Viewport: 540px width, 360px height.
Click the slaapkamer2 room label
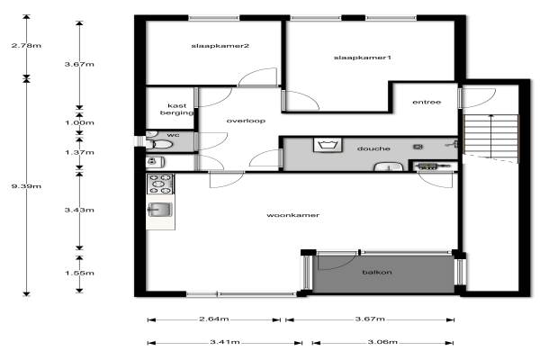click(x=220, y=46)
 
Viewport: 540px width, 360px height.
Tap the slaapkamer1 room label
click(x=363, y=58)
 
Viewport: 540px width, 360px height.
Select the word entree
click(x=427, y=102)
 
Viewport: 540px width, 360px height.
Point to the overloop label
click(x=246, y=121)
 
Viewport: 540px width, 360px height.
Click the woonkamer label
click(x=293, y=215)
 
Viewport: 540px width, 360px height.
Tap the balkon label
click(x=377, y=272)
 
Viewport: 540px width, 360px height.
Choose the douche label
click(x=373, y=148)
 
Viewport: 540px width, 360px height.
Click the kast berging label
click(x=177, y=109)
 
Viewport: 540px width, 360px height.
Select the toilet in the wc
click(x=160, y=144)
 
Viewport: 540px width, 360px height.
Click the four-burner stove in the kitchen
click(x=160, y=184)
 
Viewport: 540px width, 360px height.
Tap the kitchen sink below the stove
click(x=160, y=210)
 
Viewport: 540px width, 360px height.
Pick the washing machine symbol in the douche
click(x=328, y=145)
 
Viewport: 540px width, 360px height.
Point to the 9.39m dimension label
click(x=26, y=186)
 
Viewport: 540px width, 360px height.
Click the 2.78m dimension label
click(x=26, y=46)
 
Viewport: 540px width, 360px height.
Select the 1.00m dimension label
click(x=79, y=122)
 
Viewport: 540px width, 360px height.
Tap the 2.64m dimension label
click(x=214, y=319)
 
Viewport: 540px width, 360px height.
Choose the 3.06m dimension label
click(x=382, y=342)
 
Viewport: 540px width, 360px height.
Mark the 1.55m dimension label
click(x=79, y=274)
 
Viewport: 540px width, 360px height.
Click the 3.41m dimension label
click(x=225, y=342)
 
